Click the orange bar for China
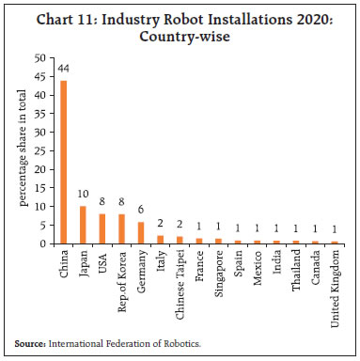[65, 162]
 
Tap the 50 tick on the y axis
[40, 57]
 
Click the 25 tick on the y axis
[40, 150]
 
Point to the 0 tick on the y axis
[43, 243]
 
